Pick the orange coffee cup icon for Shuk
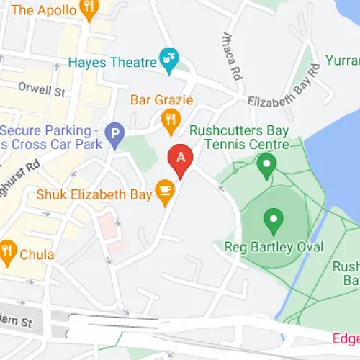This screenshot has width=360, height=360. coord(166,191)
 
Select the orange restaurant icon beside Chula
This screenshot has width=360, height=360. coord(8,249)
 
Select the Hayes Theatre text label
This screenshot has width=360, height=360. coord(112,63)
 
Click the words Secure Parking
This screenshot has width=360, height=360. coord(48,130)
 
